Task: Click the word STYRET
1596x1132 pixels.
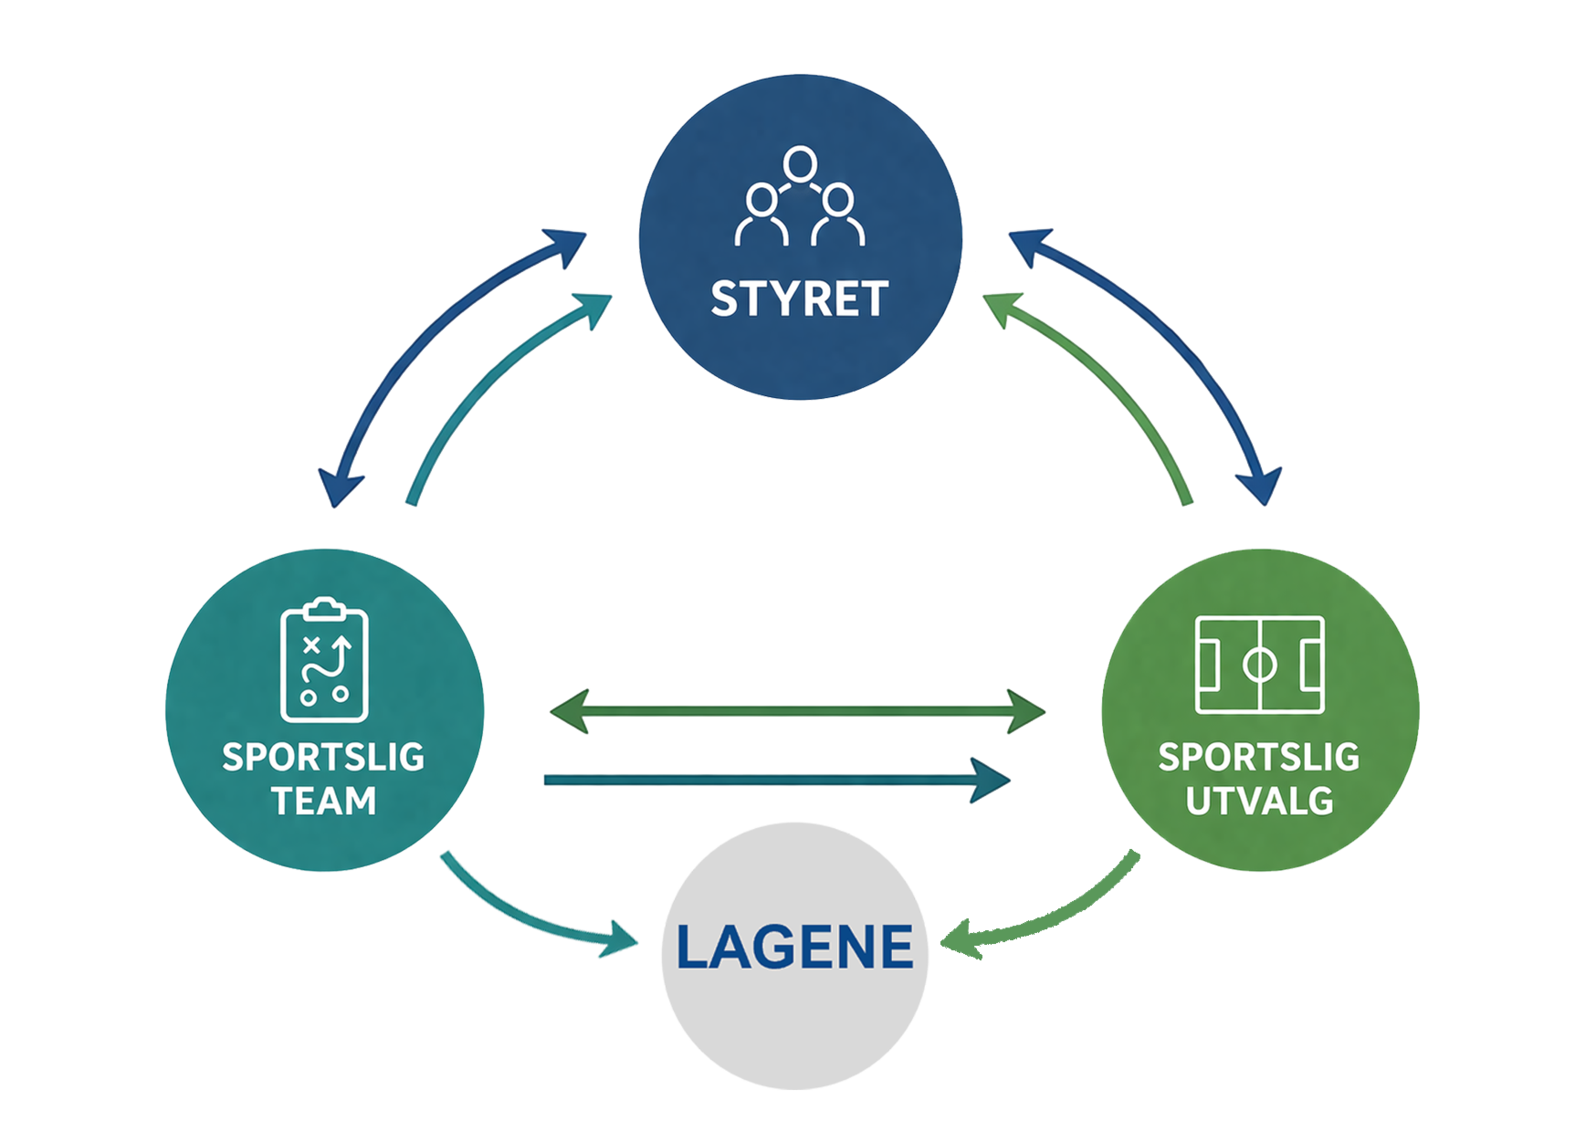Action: click(x=799, y=299)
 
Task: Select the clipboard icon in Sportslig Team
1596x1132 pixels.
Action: click(x=324, y=659)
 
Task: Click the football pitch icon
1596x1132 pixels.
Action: click(x=1260, y=665)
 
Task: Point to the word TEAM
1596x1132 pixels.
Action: click(x=324, y=801)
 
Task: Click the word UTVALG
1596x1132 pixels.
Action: click(x=1259, y=801)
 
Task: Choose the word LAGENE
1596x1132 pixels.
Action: click(x=794, y=947)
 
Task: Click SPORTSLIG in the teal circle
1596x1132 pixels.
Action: click(x=324, y=757)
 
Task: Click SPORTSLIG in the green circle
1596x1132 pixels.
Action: click(x=1259, y=757)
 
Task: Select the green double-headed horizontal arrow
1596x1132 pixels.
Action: click(x=796, y=711)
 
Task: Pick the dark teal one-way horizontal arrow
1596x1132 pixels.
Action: click(x=776, y=780)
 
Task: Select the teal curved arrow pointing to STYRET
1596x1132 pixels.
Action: click(x=484, y=383)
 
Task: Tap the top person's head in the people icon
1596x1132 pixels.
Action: click(x=799, y=163)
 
